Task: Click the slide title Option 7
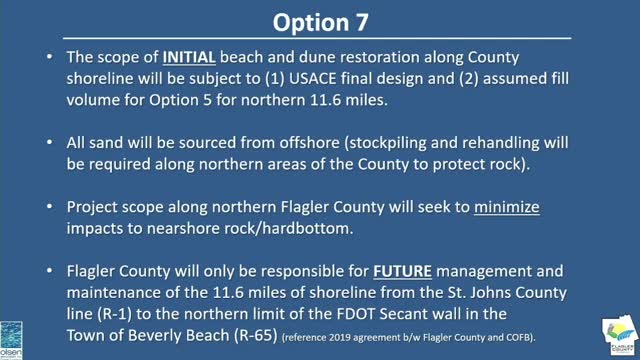[319, 19]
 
